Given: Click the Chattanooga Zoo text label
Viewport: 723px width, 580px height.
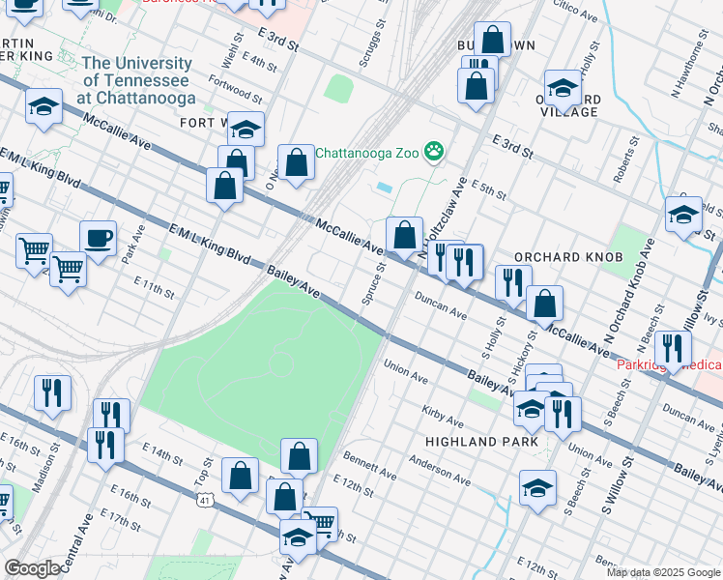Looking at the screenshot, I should (x=369, y=152).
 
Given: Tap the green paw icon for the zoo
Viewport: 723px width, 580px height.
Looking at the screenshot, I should (x=436, y=151).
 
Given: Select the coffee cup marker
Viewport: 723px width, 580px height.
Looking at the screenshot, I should (x=98, y=240).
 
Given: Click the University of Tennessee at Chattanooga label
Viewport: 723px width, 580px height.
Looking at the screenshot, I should (x=137, y=80).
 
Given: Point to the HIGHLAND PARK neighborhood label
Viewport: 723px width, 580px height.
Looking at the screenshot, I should (x=474, y=441).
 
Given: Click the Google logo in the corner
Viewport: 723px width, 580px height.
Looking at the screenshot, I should (x=32, y=568).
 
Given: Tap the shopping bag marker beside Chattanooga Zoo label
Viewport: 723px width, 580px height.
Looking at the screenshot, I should (x=297, y=163).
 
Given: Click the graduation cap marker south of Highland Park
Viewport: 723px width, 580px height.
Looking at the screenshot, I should (x=537, y=489).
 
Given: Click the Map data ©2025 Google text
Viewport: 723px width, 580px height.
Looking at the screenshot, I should (x=662, y=571).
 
